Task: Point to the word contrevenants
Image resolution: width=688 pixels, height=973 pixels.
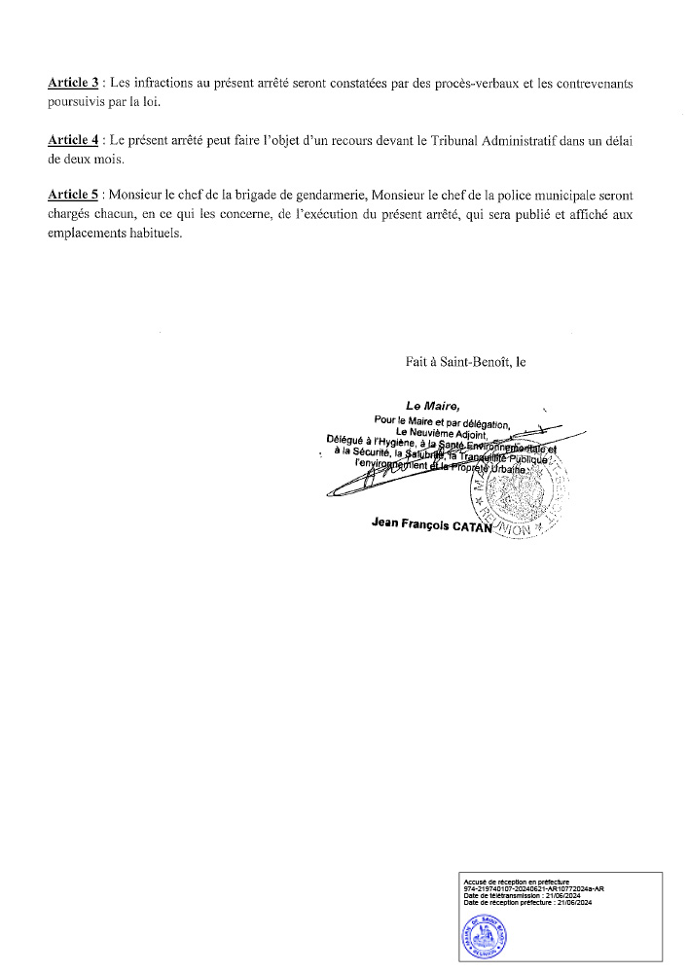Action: pyautogui.click(x=592, y=84)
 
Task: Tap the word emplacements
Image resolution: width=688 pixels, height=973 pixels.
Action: pyautogui.click(x=89, y=235)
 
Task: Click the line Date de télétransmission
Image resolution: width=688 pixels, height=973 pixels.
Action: pyautogui.click(x=524, y=896)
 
